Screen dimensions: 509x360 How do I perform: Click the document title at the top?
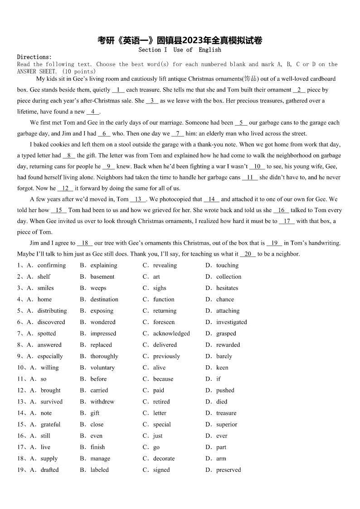[180, 40]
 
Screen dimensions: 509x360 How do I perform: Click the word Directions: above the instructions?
[34, 57]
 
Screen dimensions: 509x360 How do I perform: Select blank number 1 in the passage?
[117, 90]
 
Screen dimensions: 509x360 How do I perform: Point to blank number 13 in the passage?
[138, 199]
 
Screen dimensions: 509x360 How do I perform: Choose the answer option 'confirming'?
[51, 265]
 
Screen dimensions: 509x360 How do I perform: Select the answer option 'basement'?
[102, 276]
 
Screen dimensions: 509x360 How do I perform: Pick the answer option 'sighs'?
[160, 288]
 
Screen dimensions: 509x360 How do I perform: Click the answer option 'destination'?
[104, 299]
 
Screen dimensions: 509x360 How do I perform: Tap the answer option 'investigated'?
[231, 322]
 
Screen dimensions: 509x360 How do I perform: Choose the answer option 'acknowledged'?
[171, 334]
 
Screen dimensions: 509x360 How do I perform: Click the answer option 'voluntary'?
[102, 368]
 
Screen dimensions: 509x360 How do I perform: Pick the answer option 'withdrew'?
[102, 402]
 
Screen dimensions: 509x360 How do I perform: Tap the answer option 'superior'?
[226, 424]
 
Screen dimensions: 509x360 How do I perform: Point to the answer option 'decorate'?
[164, 458]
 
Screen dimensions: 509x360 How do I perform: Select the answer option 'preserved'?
[229, 470]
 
